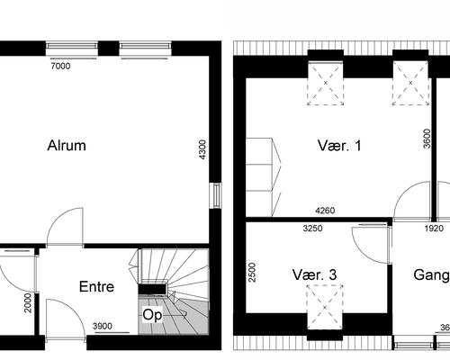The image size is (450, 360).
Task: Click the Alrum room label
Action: [67, 146]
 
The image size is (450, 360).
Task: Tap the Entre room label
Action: [96, 288]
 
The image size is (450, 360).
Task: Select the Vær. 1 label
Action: [339, 146]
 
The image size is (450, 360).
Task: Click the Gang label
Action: [431, 274]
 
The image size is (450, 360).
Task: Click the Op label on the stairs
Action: [152, 316]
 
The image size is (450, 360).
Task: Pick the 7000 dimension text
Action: [61, 66]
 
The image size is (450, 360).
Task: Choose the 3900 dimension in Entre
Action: [104, 326]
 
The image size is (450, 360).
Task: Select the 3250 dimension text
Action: [311, 229]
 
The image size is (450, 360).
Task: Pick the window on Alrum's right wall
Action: [215, 195]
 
